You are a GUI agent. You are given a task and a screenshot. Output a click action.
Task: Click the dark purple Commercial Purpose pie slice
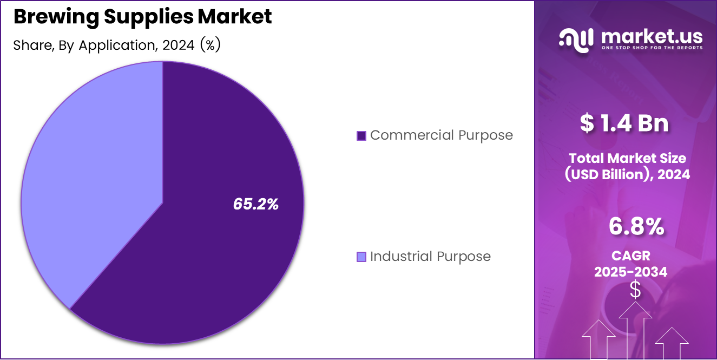[216, 244]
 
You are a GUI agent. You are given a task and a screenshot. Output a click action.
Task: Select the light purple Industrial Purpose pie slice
[92, 179]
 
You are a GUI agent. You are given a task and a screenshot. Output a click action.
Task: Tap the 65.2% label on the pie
[255, 204]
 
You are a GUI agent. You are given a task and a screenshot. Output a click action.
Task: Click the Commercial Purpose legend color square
[361, 135]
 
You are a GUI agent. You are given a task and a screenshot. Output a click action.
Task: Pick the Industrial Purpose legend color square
[361, 257]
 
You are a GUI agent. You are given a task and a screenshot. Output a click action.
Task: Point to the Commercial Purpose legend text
[441, 135]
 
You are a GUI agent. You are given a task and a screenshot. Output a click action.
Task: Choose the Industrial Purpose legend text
[430, 257]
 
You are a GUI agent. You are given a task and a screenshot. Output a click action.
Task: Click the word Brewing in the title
[49, 17]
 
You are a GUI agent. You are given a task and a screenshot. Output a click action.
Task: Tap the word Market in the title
[234, 17]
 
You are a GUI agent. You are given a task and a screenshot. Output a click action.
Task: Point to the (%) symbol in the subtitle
[210, 45]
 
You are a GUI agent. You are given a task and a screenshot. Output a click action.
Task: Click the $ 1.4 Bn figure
[624, 123]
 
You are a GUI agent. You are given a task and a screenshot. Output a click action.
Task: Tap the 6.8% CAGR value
[636, 227]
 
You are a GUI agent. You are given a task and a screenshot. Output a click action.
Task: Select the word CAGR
[631, 255]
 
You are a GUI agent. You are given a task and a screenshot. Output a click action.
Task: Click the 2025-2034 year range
[631, 272]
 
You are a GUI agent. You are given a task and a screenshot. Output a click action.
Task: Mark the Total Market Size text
[627, 158]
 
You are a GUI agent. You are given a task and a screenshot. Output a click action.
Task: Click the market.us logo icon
[576, 41]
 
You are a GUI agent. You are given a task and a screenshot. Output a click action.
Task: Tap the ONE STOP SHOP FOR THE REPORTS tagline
[652, 48]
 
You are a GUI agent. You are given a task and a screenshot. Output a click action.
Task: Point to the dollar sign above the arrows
[635, 290]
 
